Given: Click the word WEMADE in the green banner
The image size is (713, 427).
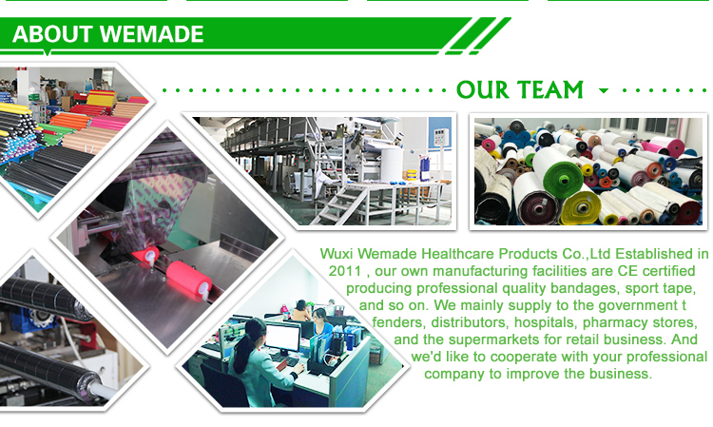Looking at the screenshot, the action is [x=151, y=34].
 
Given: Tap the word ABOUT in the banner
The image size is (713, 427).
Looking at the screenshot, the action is [x=52, y=34].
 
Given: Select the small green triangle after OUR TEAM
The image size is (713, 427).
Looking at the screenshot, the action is [x=604, y=90].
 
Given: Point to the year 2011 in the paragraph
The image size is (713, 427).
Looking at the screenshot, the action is [x=345, y=271].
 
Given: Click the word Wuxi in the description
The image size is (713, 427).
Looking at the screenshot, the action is [x=337, y=253].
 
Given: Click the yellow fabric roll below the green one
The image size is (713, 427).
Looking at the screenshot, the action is [x=580, y=208].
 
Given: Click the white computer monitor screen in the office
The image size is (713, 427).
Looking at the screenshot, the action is [x=282, y=336].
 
